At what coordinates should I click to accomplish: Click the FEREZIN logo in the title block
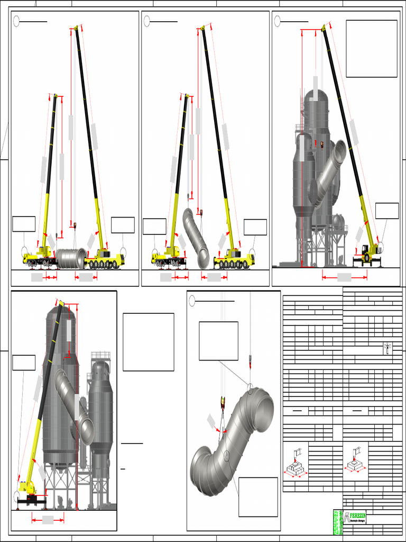pos(354,517)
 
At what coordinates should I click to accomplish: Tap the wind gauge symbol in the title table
pos(387,348)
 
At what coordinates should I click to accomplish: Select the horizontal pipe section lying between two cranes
pos(71,258)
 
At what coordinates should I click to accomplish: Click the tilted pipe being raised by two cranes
pos(196,238)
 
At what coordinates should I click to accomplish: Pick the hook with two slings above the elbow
pos(222,403)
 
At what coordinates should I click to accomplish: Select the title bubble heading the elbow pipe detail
pos(192,301)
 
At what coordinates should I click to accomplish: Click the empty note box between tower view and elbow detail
pos(148,342)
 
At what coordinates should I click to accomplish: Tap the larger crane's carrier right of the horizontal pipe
pos(105,260)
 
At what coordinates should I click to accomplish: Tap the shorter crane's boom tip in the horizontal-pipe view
pos(56,95)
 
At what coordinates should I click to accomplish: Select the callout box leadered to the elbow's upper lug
pos(218,340)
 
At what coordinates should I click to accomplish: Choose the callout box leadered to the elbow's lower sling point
pos(258,496)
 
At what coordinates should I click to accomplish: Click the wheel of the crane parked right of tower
pos(366,258)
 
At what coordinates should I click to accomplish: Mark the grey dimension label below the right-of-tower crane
pos(344,277)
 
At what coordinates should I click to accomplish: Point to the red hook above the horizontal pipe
pos(75,226)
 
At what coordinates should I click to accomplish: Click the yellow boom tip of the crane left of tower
pos(61,303)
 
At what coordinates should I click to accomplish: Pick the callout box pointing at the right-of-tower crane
pos(386,210)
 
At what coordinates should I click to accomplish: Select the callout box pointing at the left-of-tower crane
pos(24,363)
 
